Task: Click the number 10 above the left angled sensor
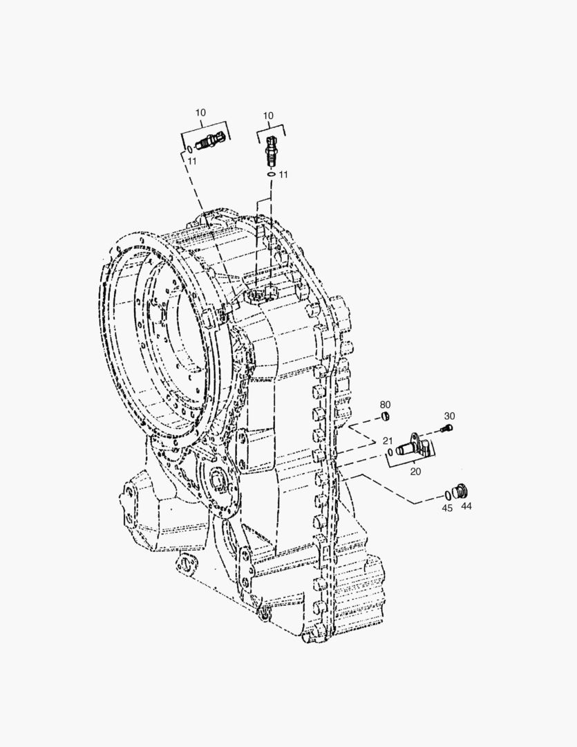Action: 200,113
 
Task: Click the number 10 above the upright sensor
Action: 268,116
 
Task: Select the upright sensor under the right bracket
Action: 270,150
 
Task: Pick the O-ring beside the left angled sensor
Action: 189,149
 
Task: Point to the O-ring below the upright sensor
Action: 271,174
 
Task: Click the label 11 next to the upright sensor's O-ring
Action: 283,174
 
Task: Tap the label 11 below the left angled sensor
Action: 191,161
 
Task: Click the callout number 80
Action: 385,405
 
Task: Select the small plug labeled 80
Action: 386,417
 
